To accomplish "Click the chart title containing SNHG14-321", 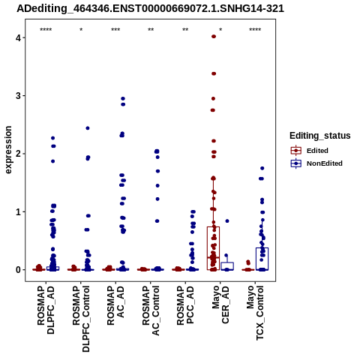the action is click(x=151, y=8).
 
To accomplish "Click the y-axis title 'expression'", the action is click(x=8, y=150).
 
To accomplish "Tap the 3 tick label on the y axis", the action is click(x=18, y=96).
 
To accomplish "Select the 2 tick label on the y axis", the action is click(x=18, y=154).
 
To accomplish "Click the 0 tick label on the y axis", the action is click(x=18, y=270).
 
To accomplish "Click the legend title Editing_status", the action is click(x=320, y=136).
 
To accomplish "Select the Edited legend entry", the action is click(x=309, y=151).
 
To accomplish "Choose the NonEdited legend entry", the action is click(x=316, y=163).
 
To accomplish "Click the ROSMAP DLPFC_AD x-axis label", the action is click(x=46, y=310).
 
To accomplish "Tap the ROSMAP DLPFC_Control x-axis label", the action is click(x=81, y=319).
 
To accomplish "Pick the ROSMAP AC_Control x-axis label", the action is click(x=151, y=310).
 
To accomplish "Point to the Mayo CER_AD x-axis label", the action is click(x=220, y=304).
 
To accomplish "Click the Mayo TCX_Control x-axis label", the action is click(x=255, y=313).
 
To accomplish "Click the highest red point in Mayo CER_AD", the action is click(x=214, y=37).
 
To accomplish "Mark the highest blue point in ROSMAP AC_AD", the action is click(x=123, y=99).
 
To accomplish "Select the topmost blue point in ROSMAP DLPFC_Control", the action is click(x=88, y=128).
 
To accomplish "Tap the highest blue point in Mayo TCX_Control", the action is click(x=262, y=168).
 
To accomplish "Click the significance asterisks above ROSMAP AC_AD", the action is click(x=115, y=30).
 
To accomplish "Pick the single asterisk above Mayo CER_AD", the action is click(x=220, y=30).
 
